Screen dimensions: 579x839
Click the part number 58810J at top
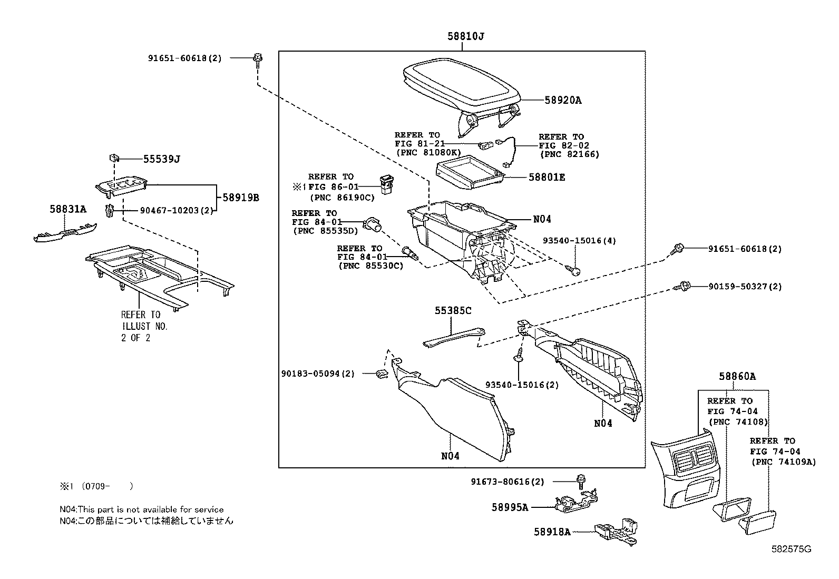pyautogui.click(x=466, y=36)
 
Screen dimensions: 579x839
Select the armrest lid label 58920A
pyautogui.click(x=562, y=100)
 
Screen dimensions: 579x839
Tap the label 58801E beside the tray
pyautogui.click(x=547, y=178)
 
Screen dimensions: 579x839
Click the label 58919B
pyautogui.click(x=240, y=198)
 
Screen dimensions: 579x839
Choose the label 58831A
pyautogui.click(x=68, y=210)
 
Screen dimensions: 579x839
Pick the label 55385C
pyautogui.click(x=453, y=311)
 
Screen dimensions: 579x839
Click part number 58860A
pyautogui.click(x=737, y=376)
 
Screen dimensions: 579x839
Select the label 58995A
pyautogui.click(x=510, y=507)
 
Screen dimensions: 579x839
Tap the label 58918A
pyautogui.click(x=552, y=532)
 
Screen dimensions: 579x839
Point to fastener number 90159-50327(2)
pyautogui.click(x=745, y=287)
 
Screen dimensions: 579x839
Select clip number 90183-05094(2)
pyautogui.click(x=317, y=374)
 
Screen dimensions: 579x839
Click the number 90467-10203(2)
pyautogui.click(x=177, y=210)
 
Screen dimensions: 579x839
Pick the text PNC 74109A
pyautogui.click(x=783, y=462)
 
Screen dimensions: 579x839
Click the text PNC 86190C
pyautogui.click(x=341, y=198)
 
